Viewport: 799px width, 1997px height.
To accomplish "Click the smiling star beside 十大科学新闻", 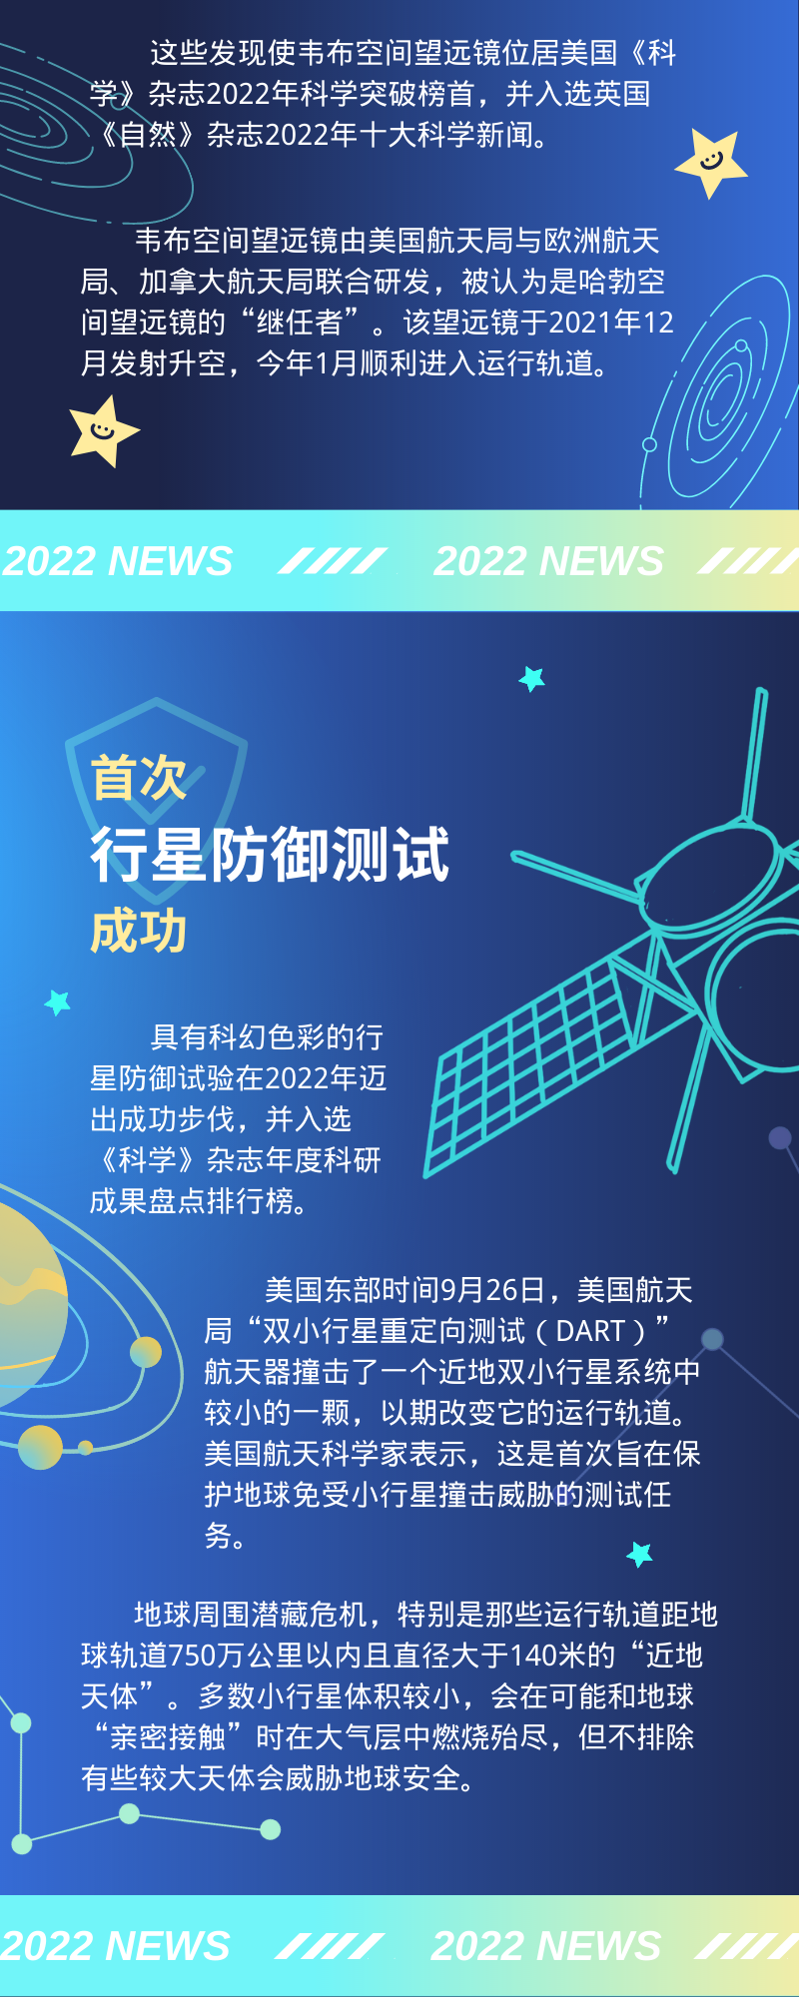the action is (x=711, y=163).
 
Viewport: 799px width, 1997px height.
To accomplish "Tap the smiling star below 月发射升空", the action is (x=103, y=431).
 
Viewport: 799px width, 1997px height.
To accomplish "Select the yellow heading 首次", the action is (x=139, y=778).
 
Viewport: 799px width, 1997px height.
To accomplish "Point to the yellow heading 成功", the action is (x=139, y=931).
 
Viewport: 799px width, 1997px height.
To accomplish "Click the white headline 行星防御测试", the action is (x=270, y=855).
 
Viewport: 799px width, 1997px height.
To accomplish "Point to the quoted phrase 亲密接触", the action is (x=168, y=1737).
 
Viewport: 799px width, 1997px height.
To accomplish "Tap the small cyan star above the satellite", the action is (x=532, y=679).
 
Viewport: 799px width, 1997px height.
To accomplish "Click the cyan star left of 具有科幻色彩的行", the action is (x=58, y=1001).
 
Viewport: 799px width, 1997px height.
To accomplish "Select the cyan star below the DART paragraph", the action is (x=639, y=1554).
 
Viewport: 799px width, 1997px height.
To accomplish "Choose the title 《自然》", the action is (x=148, y=134).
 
